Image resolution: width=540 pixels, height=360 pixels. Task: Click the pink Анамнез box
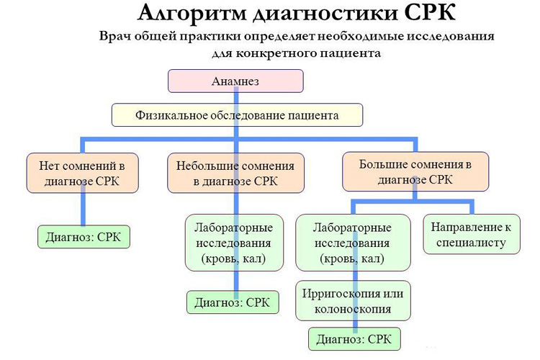[x=235, y=81]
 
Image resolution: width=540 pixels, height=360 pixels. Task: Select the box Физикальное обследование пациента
[x=237, y=114]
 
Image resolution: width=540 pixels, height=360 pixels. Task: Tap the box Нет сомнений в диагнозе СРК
[x=78, y=173]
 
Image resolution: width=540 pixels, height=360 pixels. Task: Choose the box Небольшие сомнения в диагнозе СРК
[x=235, y=173]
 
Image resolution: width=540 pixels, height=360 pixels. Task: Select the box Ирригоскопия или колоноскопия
[x=353, y=301]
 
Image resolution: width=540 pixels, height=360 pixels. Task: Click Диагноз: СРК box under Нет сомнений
[x=84, y=237]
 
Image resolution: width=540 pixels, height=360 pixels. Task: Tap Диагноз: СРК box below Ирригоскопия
[x=354, y=339]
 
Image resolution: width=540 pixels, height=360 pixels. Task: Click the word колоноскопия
[x=353, y=310]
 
